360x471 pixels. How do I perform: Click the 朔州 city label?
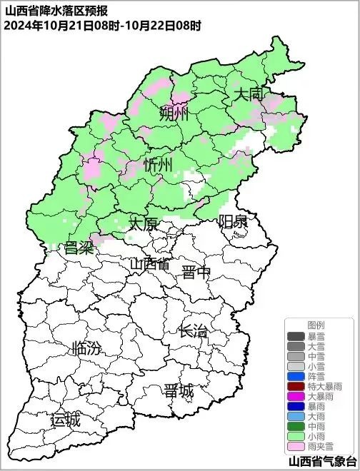pyautogui.click(x=174, y=113)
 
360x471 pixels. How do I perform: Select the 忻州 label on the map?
pyautogui.click(x=158, y=166)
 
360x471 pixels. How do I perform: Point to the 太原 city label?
pyautogui.click(x=143, y=224)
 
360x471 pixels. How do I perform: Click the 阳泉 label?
pyautogui.click(x=233, y=221)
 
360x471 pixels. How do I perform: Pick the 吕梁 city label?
pyautogui.click(x=79, y=248)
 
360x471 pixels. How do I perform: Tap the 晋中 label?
pyautogui.click(x=196, y=272)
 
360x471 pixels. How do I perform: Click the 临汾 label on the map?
pyautogui.click(x=86, y=349)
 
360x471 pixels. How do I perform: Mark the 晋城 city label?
pyautogui.click(x=179, y=391)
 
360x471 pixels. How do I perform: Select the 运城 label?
pyautogui.click(x=65, y=420)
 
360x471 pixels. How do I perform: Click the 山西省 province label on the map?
pyautogui.click(x=150, y=263)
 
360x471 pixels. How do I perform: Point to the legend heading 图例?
pyautogui.click(x=316, y=325)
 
